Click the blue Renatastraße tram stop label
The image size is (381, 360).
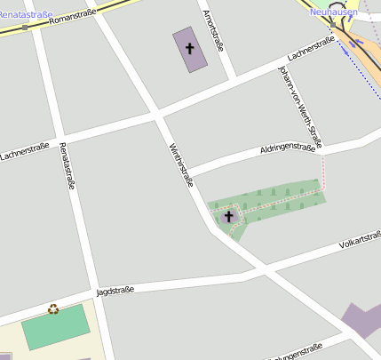26,14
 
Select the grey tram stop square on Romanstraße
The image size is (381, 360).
25,28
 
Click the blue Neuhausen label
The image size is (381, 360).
333,12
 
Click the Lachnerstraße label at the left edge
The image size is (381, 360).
24,152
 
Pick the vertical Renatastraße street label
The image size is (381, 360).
67,166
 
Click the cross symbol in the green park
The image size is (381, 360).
228,215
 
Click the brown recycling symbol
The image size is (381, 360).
53,308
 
